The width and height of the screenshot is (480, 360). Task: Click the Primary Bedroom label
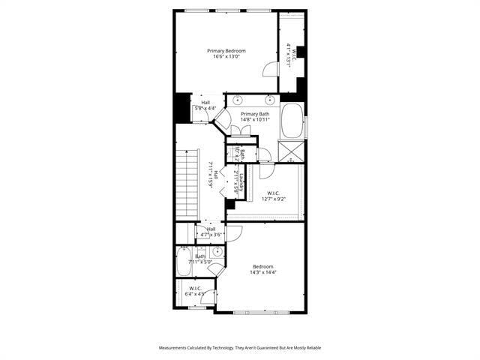226,50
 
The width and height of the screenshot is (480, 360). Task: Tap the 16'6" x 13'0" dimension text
226,57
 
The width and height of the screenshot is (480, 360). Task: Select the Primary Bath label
255,114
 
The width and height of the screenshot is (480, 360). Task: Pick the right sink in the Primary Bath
268,100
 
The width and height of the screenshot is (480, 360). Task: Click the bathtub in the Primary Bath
292,121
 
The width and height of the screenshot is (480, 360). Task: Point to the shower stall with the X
292,151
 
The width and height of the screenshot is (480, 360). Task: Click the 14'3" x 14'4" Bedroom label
262,266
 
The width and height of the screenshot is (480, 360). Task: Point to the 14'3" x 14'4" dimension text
262,273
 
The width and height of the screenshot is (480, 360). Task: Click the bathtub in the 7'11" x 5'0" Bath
184,264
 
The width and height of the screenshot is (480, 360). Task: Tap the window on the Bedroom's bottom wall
259,311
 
